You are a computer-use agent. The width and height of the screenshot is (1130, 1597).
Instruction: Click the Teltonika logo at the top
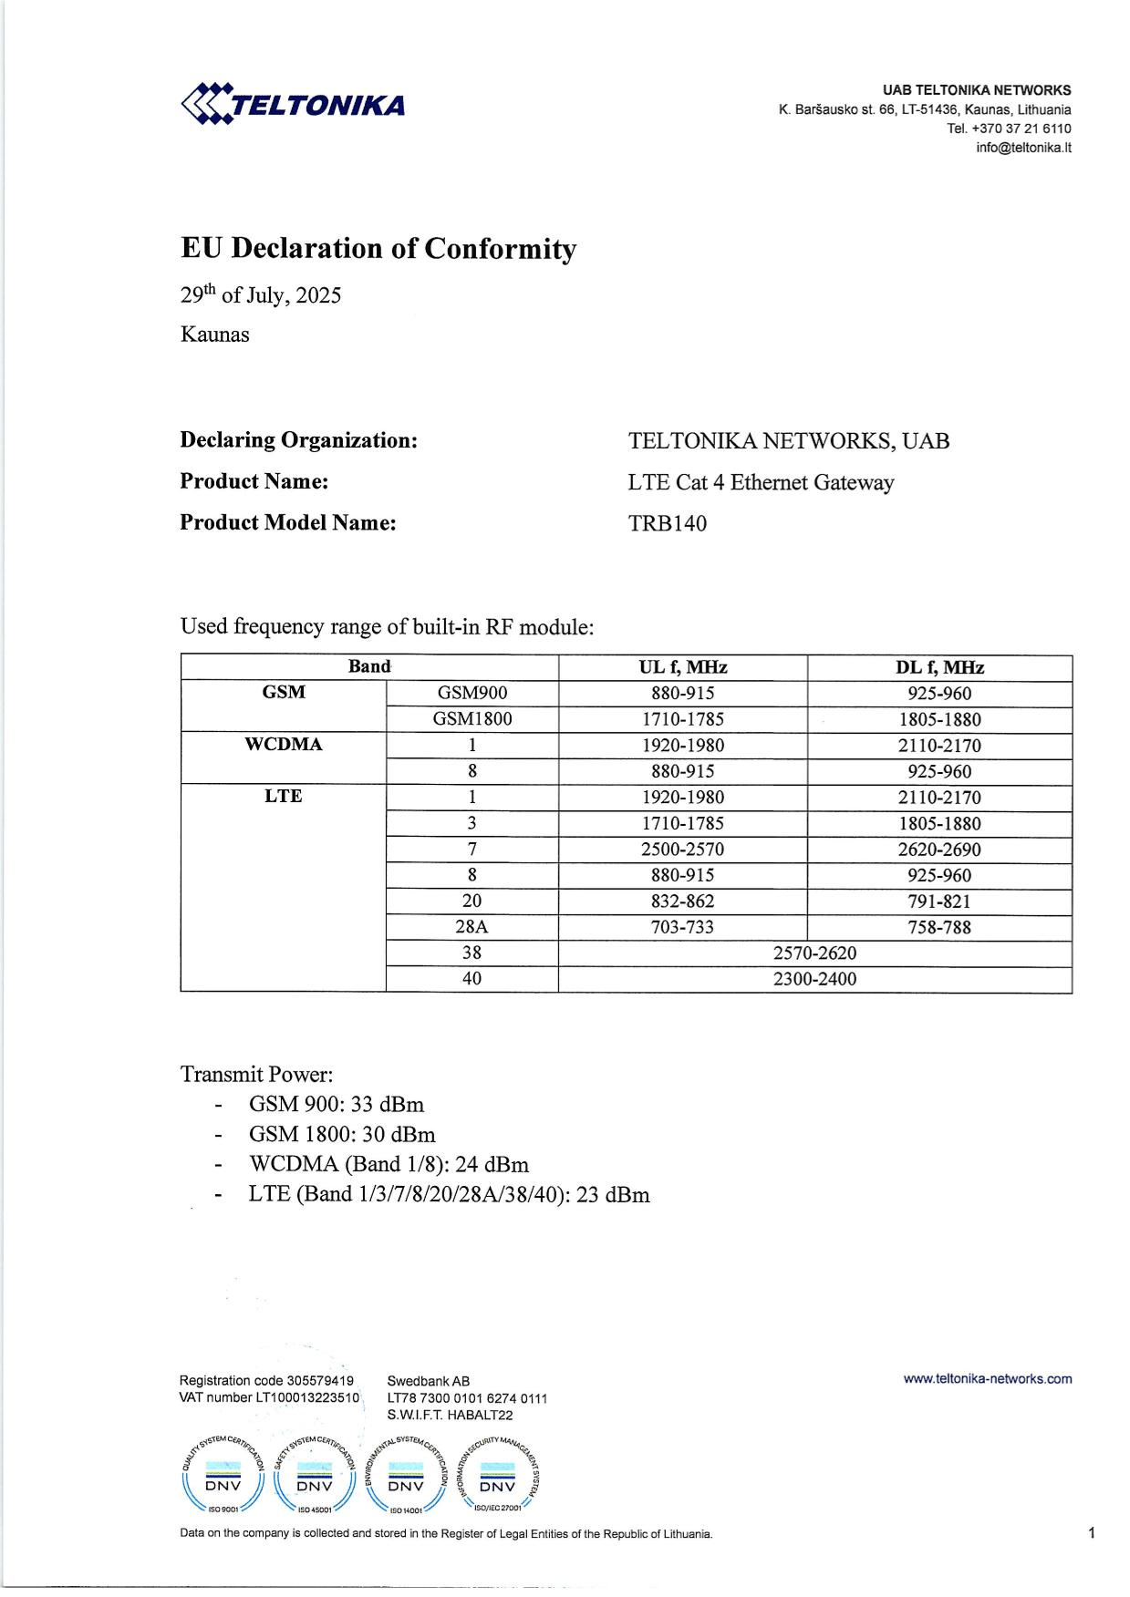pyautogui.click(x=293, y=104)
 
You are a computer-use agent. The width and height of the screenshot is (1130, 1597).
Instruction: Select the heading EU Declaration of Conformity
pyautogui.click(x=378, y=249)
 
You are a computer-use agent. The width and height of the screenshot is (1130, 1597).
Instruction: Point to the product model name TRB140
pyautogui.click(x=667, y=523)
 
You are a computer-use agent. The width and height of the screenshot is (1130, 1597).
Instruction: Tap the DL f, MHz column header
pyautogui.click(x=939, y=667)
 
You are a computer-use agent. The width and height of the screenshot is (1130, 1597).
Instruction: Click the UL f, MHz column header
pyautogui.click(x=682, y=667)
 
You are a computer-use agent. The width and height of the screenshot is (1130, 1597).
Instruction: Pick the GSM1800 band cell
pyautogui.click(x=472, y=719)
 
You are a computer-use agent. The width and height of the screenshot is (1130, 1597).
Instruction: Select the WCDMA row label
pyautogui.click(x=283, y=745)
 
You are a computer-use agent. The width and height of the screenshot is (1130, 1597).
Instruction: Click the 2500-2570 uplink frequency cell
pyautogui.click(x=682, y=850)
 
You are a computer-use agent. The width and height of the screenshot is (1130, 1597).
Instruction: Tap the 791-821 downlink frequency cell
pyautogui.click(x=939, y=902)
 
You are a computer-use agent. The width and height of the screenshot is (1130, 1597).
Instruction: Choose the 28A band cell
pyautogui.click(x=472, y=928)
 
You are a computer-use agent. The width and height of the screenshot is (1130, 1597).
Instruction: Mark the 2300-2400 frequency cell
pyautogui.click(x=814, y=979)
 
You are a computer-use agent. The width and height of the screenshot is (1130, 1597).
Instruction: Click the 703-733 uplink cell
pyautogui.click(x=682, y=928)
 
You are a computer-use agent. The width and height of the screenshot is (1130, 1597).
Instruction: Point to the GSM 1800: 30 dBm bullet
pyautogui.click(x=342, y=1135)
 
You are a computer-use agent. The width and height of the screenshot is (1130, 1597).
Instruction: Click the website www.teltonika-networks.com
pyautogui.click(x=987, y=1379)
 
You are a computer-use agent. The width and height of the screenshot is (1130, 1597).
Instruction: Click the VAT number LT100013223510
pyautogui.click(x=270, y=1397)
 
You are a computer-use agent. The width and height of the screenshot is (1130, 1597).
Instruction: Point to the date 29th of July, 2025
pyautogui.click(x=260, y=295)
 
